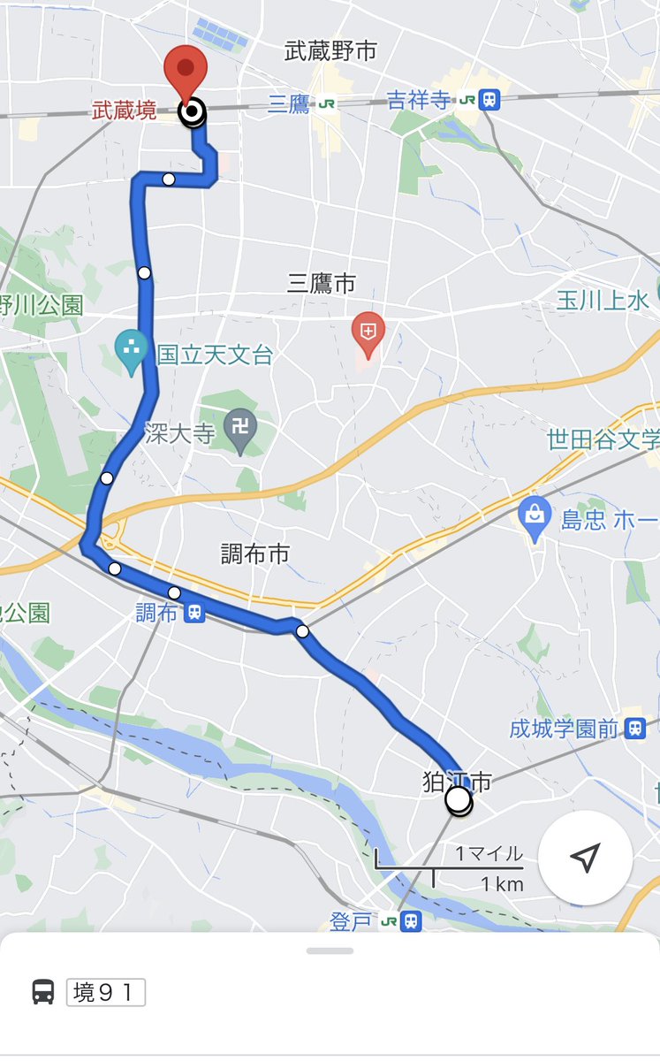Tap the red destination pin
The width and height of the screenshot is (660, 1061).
186,68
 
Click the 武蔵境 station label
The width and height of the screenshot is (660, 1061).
125,111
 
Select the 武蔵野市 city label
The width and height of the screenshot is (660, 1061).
330,51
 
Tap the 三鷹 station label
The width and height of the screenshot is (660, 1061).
289,104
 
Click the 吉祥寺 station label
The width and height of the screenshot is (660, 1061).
419,101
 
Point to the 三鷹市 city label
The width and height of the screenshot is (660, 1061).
322,283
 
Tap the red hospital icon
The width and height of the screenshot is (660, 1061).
368,331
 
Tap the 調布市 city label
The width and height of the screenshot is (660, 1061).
255,554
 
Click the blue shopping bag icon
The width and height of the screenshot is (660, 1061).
535,515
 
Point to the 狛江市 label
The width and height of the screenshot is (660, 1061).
456,781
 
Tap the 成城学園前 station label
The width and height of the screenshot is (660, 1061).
563,729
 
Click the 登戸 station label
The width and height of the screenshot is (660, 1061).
352,922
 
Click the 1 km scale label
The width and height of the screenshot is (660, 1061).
502,884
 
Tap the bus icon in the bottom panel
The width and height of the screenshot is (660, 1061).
43,992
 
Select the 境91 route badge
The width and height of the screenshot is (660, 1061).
105,992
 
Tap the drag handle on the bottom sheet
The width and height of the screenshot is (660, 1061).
330,950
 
